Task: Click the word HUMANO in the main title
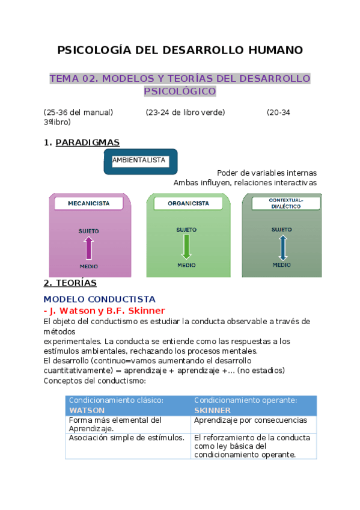coord(273,50)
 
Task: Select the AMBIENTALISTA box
coord(139,161)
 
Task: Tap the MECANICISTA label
coord(88,203)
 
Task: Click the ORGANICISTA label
coord(188,203)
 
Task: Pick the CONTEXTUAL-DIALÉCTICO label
coord(285,203)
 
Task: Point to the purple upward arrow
coord(89,247)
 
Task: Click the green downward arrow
coord(186,247)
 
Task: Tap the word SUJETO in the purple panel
coord(89,231)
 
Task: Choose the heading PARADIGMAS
coord(87,143)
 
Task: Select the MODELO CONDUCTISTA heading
coord(100,299)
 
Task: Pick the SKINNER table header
coord(212,410)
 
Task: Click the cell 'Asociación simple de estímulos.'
coord(126,438)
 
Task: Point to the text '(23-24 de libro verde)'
coord(185,112)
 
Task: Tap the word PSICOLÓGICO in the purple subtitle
coord(179,91)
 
